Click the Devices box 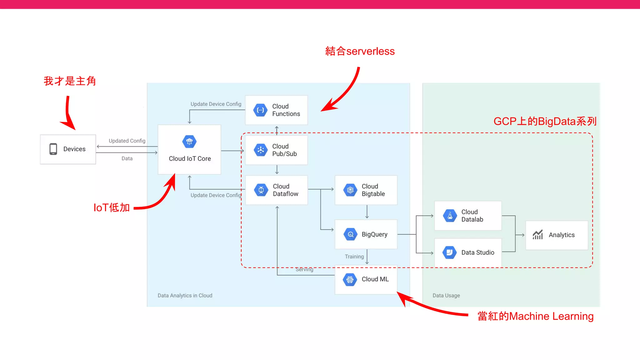[68, 149]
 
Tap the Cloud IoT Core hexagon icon [189, 142]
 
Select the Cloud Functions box [277, 110]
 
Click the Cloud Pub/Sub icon [261, 150]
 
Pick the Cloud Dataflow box [277, 190]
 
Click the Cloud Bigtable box [366, 190]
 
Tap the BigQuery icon [350, 234]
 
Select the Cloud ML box [366, 279]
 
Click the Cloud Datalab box [468, 216]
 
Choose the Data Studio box [468, 252]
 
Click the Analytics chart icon [538, 235]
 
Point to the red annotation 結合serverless [360, 51]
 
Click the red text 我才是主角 [70, 81]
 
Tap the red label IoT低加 [112, 207]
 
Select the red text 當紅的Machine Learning [535, 316]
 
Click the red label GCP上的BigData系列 [545, 121]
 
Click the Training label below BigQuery [354, 257]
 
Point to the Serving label [304, 269]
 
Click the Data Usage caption [446, 296]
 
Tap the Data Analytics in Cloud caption [185, 296]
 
